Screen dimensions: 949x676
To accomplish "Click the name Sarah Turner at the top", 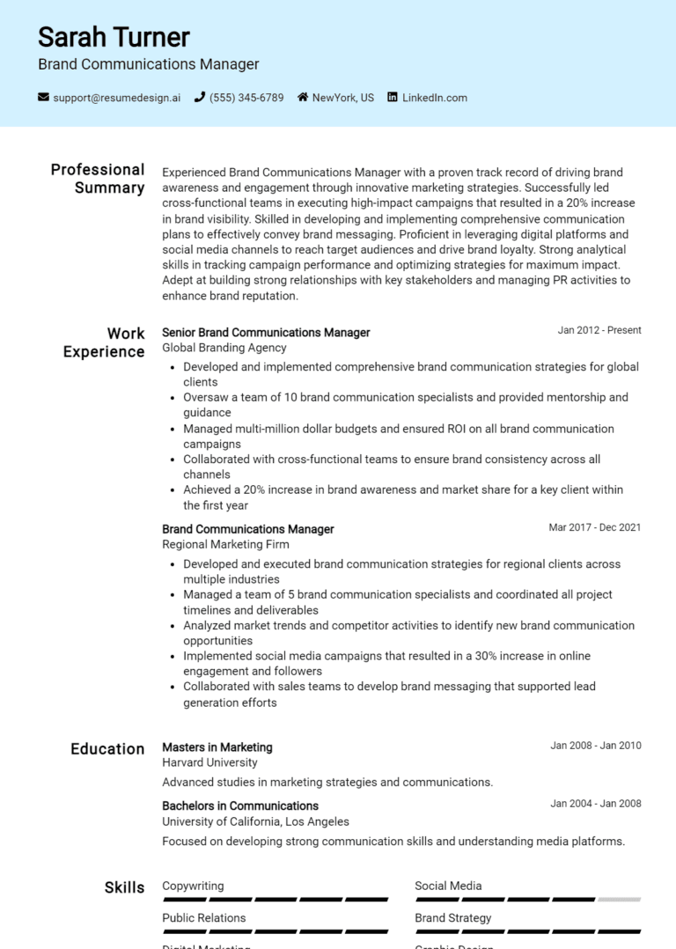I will [114, 37].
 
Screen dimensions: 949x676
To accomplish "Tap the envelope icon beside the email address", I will [43, 98].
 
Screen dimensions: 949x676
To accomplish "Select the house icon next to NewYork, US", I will [303, 98].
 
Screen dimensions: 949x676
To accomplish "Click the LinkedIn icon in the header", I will [393, 98].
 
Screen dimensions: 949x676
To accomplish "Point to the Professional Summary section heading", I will [98, 179].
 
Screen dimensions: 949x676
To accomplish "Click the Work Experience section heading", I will [104, 342].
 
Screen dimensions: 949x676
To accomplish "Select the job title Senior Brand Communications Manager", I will [266, 333].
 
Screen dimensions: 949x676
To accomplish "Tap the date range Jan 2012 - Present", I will [599, 331].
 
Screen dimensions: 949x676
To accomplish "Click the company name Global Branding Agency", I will [224, 349].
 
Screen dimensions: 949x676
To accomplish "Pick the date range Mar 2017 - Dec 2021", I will [595, 528].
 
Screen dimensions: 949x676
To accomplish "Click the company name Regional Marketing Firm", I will [225, 545].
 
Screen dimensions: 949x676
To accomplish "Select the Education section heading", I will [107, 749].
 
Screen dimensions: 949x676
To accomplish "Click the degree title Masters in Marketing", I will [217, 747].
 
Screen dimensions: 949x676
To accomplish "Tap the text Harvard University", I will [209, 763].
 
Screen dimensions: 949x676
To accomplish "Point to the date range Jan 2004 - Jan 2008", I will [596, 804].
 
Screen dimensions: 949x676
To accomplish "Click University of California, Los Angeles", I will [255, 821].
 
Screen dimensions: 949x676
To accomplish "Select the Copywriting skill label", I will [193, 886].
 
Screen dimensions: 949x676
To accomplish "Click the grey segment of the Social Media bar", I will [619, 900].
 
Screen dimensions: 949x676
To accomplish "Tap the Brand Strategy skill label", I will [453, 918].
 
